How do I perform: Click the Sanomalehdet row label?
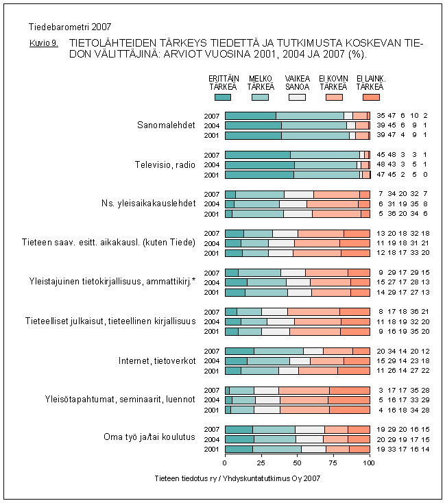(x=167, y=125)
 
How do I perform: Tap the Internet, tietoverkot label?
(x=158, y=360)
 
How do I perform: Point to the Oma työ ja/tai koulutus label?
(x=149, y=437)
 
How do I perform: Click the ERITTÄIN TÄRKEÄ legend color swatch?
(x=223, y=97)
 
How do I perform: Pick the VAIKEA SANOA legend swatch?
(x=297, y=97)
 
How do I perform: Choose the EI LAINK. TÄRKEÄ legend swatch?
(x=370, y=97)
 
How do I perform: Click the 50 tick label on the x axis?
(x=297, y=463)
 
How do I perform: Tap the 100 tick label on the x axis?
(x=369, y=463)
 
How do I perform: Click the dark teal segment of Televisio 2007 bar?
(x=257, y=155)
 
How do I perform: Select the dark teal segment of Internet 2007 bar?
(x=239, y=351)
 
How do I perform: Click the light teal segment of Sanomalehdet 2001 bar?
(x=315, y=136)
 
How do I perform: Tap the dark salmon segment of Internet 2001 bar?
(x=354, y=371)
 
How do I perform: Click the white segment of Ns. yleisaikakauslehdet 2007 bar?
(x=298, y=194)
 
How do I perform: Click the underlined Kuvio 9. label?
(x=44, y=42)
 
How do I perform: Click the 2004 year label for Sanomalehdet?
(x=213, y=125)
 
